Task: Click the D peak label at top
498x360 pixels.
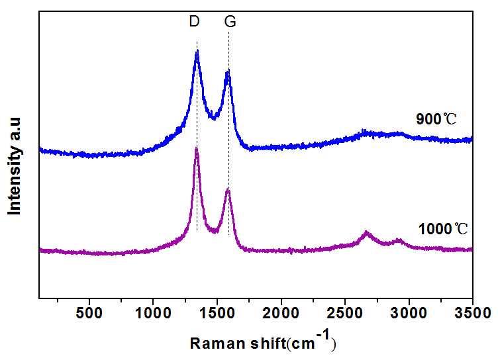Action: click(194, 21)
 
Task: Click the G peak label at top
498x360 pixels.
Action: click(230, 21)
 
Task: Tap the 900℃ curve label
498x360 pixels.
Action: click(436, 120)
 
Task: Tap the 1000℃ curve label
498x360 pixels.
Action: click(443, 230)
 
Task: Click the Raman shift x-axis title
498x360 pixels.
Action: click(263, 343)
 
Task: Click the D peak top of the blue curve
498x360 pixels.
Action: click(197, 52)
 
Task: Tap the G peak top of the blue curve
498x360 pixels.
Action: click(228, 71)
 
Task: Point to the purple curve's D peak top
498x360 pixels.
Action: click(196, 148)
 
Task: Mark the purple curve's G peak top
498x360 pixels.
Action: click(228, 190)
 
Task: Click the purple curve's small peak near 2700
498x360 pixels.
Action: click(366, 233)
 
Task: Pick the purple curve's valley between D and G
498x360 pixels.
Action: click(213, 232)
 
